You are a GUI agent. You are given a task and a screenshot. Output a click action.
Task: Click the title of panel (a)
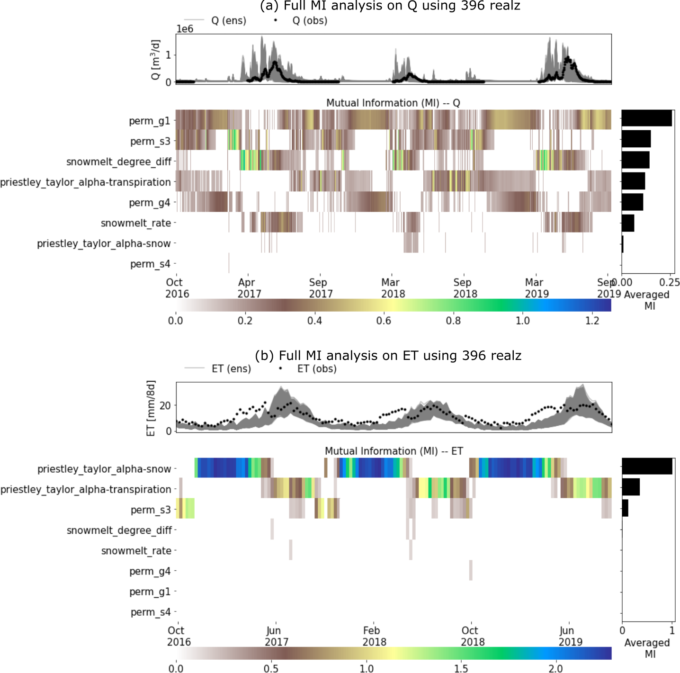pyautogui.click(x=390, y=6)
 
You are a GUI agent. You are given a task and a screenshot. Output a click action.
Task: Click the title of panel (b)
pyautogui.click(x=388, y=356)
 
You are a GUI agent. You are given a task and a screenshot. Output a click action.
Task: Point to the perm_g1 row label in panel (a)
pyautogui.click(x=149, y=121)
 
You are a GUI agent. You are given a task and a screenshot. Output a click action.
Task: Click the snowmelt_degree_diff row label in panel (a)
pyautogui.click(x=119, y=162)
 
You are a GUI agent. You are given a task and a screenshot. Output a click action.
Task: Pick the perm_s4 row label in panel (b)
pyautogui.click(x=151, y=612)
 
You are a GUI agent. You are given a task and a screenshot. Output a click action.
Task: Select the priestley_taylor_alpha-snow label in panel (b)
pyautogui.click(x=104, y=469)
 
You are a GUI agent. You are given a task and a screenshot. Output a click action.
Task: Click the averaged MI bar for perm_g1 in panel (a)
pyautogui.click(x=646, y=118)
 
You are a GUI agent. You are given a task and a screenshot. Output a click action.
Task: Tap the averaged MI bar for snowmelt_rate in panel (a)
pyautogui.click(x=628, y=223)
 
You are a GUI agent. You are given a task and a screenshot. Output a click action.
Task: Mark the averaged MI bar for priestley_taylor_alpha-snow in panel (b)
pyautogui.click(x=647, y=467)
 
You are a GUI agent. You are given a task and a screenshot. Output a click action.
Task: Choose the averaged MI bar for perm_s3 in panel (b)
pyautogui.click(x=625, y=508)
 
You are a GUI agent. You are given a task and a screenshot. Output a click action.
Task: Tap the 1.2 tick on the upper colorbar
pyautogui.click(x=592, y=321)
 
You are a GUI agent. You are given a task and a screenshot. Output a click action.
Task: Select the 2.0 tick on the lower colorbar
pyautogui.click(x=555, y=668)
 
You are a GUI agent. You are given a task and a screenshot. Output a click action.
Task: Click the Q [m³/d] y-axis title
pyautogui.click(x=156, y=60)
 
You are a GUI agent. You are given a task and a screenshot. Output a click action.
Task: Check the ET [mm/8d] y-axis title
pyautogui.click(x=151, y=408)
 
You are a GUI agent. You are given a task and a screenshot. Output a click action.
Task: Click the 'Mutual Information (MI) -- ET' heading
pyautogui.click(x=394, y=451)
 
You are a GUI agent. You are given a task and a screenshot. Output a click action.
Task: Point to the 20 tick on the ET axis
pyautogui.click(x=165, y=406)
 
